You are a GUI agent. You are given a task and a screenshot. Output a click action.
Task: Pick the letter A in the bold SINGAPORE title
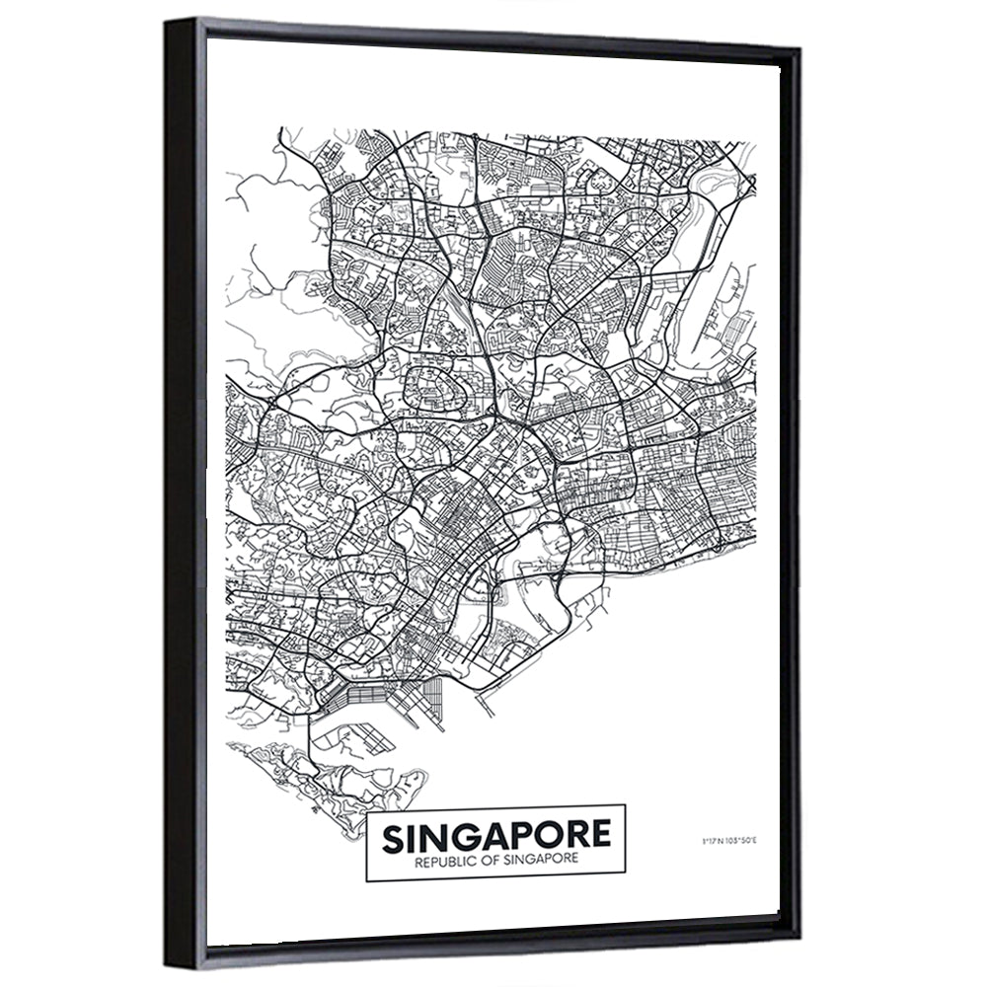coord(493,837)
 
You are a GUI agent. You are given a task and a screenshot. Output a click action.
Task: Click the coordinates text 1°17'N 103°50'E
coord(727,841)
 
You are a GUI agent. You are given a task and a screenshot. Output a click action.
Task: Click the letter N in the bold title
coord(430,837)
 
